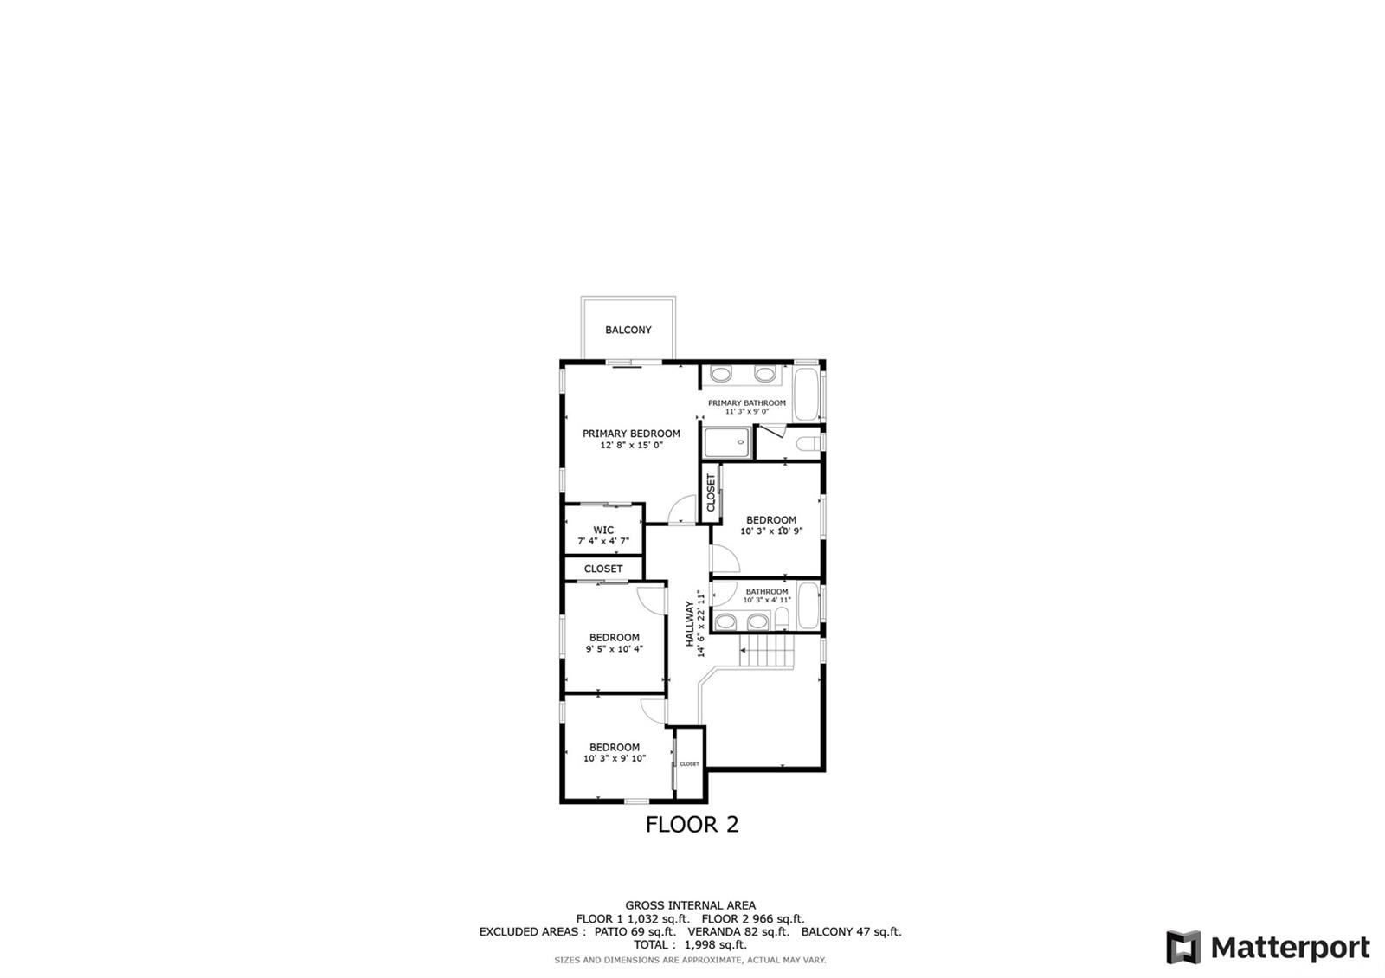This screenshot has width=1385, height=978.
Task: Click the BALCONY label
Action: (628, 330)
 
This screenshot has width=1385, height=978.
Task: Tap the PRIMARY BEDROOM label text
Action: (631, 434)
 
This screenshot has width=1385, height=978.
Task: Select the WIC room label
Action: (603, 530)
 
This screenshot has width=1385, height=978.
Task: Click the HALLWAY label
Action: (690, 624)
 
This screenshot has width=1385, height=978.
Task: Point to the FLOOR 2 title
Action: (692, 824)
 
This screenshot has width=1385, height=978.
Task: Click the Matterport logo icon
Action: (1183, 947)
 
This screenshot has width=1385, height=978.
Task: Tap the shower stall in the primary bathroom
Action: (728, 442)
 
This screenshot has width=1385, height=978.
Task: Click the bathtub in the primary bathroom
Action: (806, 394)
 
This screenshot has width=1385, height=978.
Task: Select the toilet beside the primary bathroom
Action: (807, 443)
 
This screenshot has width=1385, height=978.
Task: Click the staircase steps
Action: (767, 650)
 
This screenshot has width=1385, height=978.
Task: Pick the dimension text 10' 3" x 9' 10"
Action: (615, 758)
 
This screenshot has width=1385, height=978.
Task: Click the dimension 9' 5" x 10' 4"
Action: (615, 649)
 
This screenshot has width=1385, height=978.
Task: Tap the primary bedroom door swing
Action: (683, 510)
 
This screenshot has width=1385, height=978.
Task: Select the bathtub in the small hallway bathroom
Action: (808, 605)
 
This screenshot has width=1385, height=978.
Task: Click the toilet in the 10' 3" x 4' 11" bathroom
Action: (783, 618)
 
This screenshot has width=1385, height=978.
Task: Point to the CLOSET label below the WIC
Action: (603, 569)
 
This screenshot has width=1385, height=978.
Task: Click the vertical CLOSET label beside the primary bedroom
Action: (711, 492)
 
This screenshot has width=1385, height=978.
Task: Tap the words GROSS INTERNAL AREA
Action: (690, 905)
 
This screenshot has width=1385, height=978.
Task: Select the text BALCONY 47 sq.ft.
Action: (852, 931)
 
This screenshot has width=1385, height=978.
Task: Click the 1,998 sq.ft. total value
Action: (715, 944)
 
